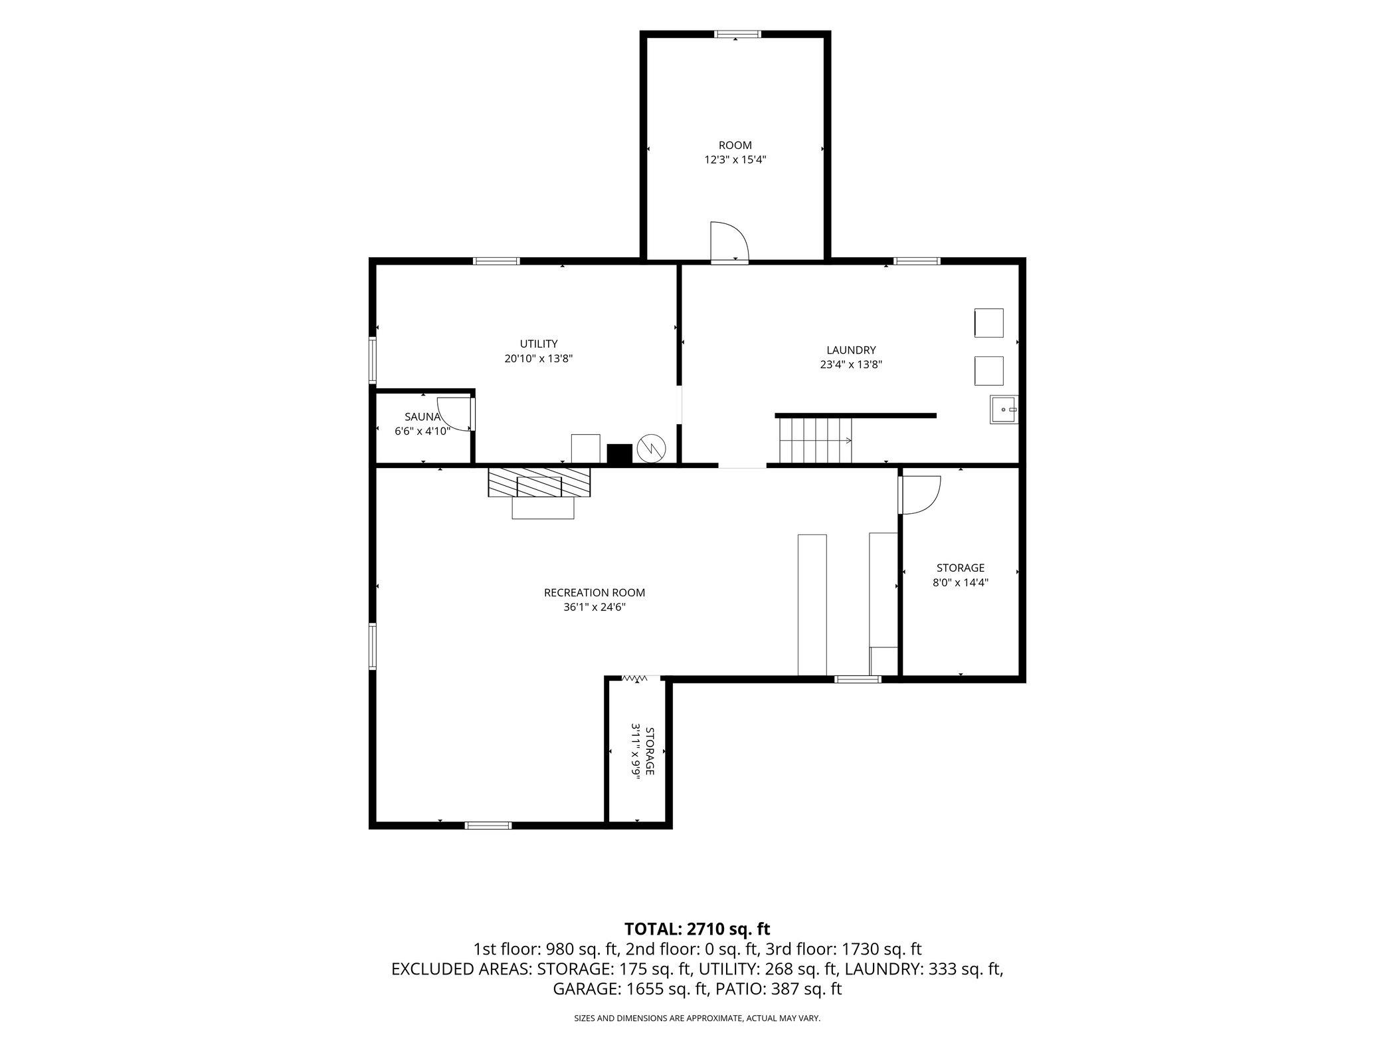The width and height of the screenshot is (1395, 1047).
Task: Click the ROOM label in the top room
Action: point(735,146)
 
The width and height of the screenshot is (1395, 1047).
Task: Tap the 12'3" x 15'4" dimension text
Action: point(735,160)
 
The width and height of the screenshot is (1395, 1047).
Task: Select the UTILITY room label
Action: point(538,344)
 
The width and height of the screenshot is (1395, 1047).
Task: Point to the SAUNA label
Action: point(422,417)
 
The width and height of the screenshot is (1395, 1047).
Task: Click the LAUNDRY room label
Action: point(851,350)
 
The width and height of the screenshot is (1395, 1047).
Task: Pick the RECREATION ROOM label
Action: point(595,593)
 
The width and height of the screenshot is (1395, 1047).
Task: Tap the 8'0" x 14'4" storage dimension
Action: point(961,583)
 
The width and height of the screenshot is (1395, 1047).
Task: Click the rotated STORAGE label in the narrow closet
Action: point(650,751)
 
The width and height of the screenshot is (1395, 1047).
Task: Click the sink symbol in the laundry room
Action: point(1004,409)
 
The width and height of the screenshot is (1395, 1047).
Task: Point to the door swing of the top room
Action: point(729,241)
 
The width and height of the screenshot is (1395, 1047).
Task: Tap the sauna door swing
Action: point(456,413)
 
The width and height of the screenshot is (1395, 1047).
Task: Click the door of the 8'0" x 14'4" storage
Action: point(920,495)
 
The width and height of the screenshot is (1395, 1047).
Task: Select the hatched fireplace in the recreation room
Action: point(539,483)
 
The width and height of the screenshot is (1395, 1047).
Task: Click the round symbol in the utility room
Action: point(650,449)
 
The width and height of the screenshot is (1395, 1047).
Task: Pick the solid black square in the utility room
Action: point(620,453)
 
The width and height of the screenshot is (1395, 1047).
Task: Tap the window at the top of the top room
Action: point(737,35)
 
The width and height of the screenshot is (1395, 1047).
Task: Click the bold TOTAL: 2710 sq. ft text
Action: point(697,929)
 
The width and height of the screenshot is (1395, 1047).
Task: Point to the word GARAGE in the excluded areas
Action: point(587,989)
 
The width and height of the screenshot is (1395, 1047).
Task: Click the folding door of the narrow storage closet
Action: point(634,679)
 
